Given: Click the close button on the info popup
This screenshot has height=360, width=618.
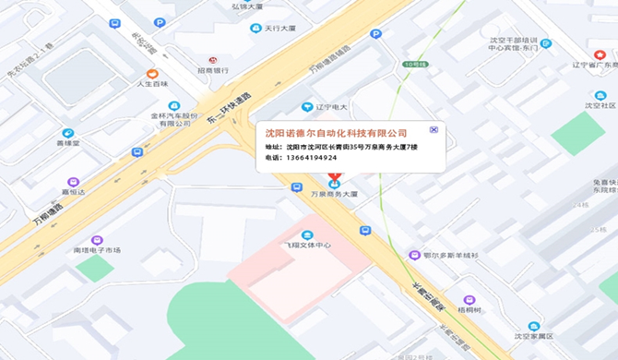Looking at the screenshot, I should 434,130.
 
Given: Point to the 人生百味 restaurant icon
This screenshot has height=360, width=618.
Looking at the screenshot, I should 153,73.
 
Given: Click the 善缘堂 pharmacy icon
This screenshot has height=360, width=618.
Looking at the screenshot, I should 68,132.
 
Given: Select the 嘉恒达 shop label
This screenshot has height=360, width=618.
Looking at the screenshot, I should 73,192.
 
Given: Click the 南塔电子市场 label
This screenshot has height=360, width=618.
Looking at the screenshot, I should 98,250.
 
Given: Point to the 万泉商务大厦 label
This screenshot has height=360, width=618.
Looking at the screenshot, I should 333,195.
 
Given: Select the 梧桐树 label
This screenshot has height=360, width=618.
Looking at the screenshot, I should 470,310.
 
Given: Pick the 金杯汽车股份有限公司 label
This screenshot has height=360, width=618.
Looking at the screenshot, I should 174,120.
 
